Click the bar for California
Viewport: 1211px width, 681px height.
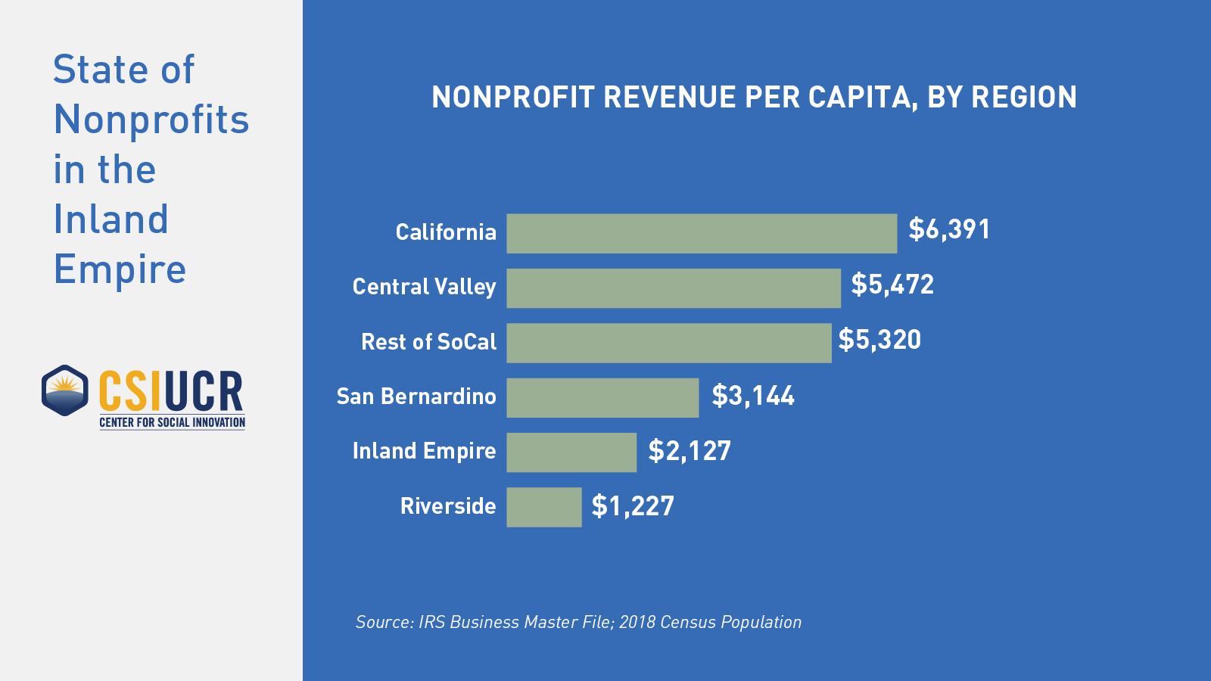point(702,233)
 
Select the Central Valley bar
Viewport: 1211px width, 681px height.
point(674,288)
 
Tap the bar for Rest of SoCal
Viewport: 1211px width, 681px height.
point(669,343)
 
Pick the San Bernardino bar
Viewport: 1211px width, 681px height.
point(602,398)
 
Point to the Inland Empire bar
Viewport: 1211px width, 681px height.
point(571,452)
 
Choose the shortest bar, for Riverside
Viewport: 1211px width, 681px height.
point(544,507)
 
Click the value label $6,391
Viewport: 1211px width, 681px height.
point(949,229)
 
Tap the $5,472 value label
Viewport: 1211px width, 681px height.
point(892,285)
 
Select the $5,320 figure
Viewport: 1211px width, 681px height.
point(879,340)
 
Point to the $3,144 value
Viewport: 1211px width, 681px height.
point(753,396)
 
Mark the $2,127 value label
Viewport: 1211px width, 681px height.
point(690,451)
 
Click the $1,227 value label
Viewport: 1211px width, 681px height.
point(633,506)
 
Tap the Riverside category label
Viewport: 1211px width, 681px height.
point(448,505)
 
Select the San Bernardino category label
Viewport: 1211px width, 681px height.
point(416,396)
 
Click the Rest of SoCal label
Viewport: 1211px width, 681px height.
point(428,341)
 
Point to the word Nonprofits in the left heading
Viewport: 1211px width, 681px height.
point(151,120)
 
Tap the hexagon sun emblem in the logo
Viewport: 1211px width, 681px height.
point(65,390)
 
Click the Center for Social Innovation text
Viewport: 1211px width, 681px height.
point(173,422)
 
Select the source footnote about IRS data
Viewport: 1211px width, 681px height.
point(578,622)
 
